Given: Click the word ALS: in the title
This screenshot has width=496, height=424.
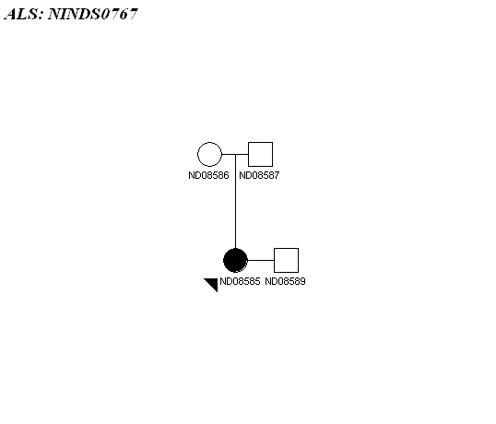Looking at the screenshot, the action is [x=24, y=14].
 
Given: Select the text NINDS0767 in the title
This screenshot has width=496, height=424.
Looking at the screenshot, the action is [x=93, y=14].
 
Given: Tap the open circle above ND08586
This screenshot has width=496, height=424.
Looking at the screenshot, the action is [x=209, y=154].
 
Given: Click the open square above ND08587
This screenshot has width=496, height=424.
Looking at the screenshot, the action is [x=260, y=154].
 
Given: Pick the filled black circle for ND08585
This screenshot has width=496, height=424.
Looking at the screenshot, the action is [x=235, y=260].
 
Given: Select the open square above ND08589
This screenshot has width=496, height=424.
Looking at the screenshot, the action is [x=286, y=260].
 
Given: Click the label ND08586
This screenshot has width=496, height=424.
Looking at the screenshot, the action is [x=208, y=175].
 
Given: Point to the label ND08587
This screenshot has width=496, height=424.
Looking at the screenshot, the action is [x=259, y=175].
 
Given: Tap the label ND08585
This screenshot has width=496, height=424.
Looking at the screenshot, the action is [x=240, y=281].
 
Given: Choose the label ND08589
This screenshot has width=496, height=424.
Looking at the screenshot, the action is [x=285, y=281].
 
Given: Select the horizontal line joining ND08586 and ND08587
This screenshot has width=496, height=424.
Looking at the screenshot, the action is [x=235, y=154].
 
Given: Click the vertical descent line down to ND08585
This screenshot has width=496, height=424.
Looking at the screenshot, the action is [x=235, y=202].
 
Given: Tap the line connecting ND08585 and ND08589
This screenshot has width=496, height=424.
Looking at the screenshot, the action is [x=261, y=260].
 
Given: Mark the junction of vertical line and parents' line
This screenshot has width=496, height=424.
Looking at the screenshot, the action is [x=235, y=154].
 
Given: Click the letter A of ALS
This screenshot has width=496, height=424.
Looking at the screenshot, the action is [x=11, y=14].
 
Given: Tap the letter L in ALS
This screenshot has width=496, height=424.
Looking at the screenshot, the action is [x=24, y=14].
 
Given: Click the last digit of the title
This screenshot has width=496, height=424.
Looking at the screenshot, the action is [x=133, y=14].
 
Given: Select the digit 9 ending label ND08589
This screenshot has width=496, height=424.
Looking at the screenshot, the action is [x=302, y=281].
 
